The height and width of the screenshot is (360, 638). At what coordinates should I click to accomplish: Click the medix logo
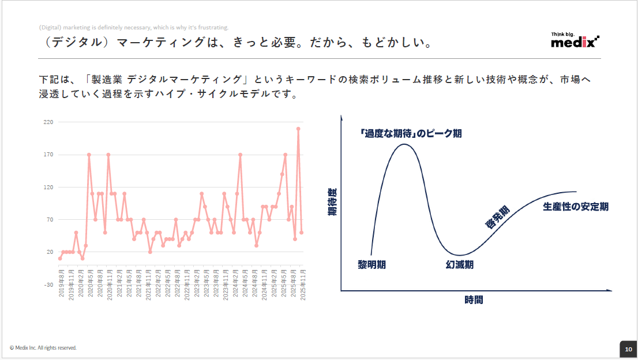point(575,41)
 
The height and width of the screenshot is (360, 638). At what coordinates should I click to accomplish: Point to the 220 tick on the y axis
point(48,122)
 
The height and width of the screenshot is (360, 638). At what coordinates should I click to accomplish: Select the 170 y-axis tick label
point(48,155)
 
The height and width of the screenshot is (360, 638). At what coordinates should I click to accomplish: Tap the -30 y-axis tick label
point(48,284)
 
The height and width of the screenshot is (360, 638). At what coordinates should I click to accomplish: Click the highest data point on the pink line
point(298,129)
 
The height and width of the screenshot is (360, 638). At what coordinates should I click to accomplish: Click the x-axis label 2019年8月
point(61,283)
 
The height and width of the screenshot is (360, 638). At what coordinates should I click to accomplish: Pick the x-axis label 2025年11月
point(302,283)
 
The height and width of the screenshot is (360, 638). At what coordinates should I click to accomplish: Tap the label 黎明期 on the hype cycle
point(371,265)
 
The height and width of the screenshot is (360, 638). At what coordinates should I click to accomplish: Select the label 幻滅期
point(459,265)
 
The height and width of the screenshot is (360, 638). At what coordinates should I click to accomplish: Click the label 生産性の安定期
point(575,207)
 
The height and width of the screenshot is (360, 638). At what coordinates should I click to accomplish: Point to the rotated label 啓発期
point(497,218)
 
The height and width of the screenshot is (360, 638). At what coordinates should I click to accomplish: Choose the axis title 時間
point(474,300)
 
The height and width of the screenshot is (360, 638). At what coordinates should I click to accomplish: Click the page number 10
point(628,349)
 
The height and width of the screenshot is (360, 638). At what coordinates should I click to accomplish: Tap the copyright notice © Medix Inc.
point(43,348)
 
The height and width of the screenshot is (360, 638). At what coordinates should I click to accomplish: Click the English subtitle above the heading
point(134,27)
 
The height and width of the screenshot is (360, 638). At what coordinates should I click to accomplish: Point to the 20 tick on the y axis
point(50,252)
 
